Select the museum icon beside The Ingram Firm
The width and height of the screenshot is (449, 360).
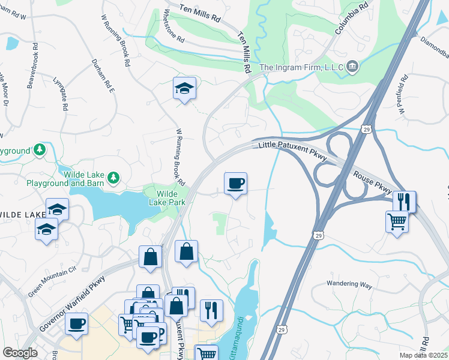pos(353,67)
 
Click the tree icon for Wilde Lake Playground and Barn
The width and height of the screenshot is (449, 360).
pos(112,178)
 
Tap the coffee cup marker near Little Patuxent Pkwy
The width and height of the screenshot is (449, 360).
pos(235,182)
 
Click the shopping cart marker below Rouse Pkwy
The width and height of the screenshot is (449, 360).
pos(397,221)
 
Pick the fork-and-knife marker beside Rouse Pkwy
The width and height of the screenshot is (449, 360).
pos(405,201)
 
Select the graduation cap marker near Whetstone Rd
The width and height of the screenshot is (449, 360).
pos(185,88)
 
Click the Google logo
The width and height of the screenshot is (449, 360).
pos(20,353)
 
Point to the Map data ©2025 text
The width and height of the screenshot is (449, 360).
pos(424,355)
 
